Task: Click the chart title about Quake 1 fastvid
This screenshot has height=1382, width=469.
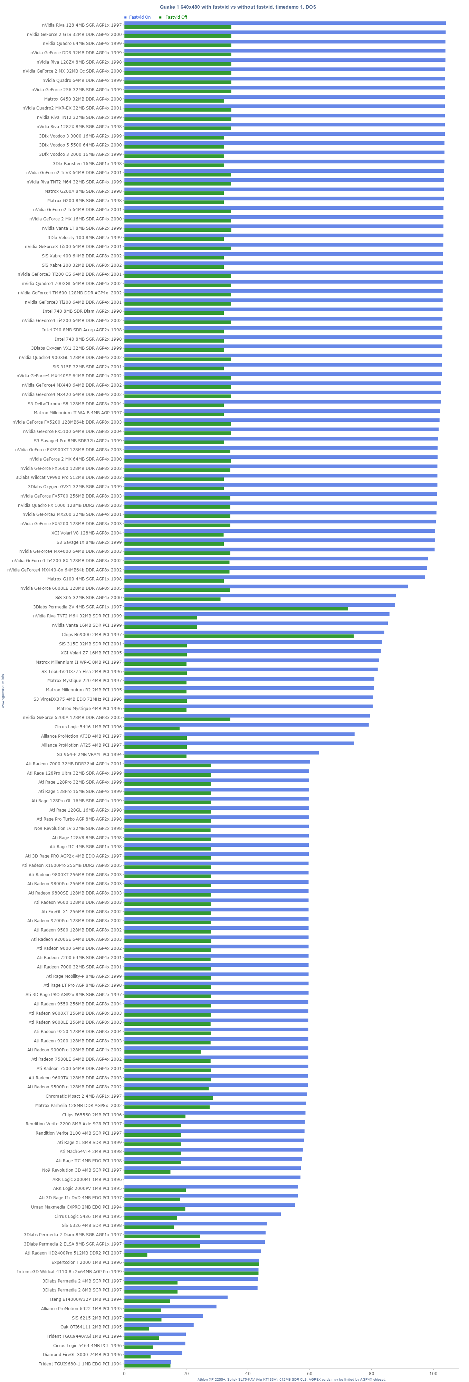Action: (238, 7)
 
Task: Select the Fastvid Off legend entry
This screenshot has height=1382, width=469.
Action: (176, 17)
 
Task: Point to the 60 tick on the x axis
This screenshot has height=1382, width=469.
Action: (310, 1373)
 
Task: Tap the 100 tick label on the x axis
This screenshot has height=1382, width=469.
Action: (433, 1373)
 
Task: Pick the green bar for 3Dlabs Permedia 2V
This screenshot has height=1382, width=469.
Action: (236, 608)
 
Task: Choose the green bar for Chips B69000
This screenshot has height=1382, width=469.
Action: (239, 636)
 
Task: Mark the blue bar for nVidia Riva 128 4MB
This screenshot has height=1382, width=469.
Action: (285, 23)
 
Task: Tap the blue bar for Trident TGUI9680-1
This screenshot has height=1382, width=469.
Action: (147, 1362)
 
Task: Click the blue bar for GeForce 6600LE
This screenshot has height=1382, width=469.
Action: (266, 586)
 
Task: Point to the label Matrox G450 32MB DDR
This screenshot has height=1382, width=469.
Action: (83, 99)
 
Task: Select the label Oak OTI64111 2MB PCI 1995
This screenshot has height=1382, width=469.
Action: (91, 1327)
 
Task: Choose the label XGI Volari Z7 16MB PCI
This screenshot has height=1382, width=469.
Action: (91, 653)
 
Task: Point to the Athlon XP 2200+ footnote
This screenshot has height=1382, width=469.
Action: (291, 1379)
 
